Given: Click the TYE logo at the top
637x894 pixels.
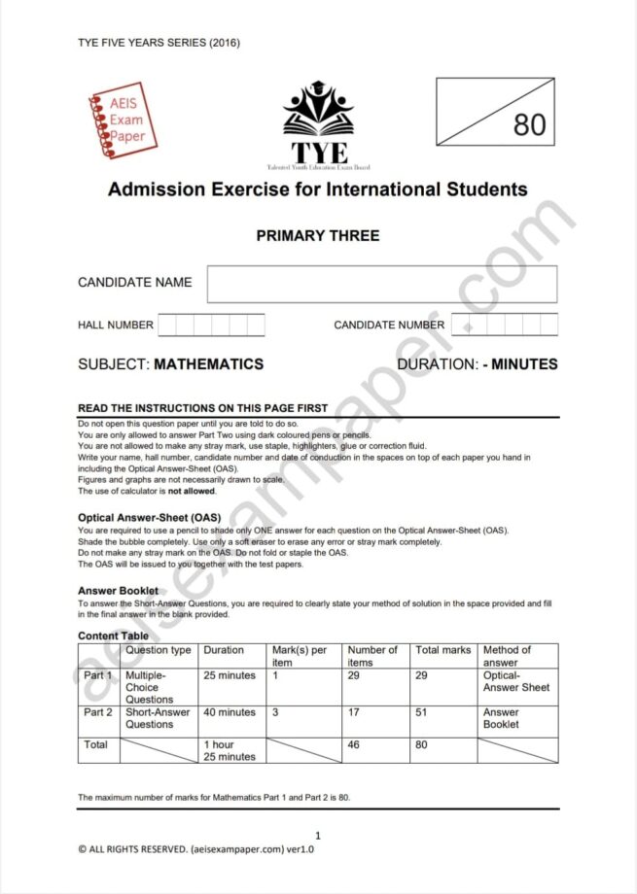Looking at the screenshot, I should point(318,124).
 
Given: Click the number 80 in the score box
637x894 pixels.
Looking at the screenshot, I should point(529,125).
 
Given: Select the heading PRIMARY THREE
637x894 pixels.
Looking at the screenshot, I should point(318,236).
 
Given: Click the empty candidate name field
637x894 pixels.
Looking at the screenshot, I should point(381,284).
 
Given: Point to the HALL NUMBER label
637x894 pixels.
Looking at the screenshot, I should point(116,326).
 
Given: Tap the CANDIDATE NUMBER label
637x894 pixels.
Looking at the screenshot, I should point(389,326).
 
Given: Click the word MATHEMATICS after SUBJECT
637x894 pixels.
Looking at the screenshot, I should point(208,364).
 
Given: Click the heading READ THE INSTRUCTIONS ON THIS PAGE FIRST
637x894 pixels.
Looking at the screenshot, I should point(202,408).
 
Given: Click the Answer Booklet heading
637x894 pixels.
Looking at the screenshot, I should point(118,591).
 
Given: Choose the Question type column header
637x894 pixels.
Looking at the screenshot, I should point(159,650).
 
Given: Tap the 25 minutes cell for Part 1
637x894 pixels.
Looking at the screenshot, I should point(230,675).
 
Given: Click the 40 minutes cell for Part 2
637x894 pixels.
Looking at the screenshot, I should point(230,712).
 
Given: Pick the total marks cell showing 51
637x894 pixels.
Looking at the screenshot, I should point(423,712).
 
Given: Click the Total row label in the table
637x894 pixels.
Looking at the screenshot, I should point(96,744).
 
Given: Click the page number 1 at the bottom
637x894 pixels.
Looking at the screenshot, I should point(318,835).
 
